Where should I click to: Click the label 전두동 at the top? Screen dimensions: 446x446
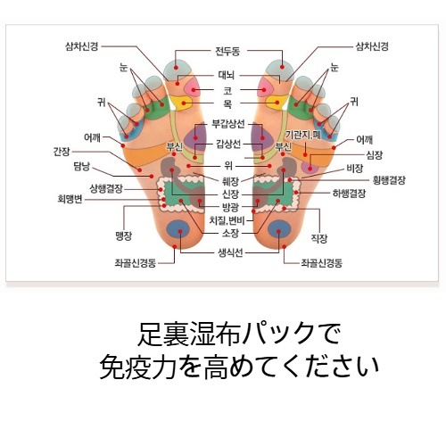pos(227,52)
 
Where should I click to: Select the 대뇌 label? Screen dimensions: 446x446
pos(227,75)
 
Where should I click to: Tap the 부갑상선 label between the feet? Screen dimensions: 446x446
pos(228,124)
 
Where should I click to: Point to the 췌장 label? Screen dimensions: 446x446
pos(230,180)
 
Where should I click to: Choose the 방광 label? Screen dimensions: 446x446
pos(230,206)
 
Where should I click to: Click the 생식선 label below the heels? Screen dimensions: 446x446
pos(230,253)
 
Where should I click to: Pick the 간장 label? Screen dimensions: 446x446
pos(62,152)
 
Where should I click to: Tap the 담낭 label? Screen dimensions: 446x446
pos(82,167)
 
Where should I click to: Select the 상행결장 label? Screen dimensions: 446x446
pos(106,188)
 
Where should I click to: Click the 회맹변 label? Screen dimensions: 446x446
pos(70,199)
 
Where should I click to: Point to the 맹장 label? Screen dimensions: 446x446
pos(123,236)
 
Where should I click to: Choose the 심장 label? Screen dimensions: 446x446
pos(375,155)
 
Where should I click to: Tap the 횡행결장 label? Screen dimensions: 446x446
pos(389,180)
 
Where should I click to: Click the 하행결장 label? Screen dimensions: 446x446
pos(349,194)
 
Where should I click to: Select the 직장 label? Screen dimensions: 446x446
pos(319,238)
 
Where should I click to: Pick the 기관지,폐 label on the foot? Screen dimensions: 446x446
pos(303,135)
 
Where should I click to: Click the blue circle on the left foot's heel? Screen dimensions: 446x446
pos(178,229)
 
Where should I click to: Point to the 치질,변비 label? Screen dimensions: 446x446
pos(227,220)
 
